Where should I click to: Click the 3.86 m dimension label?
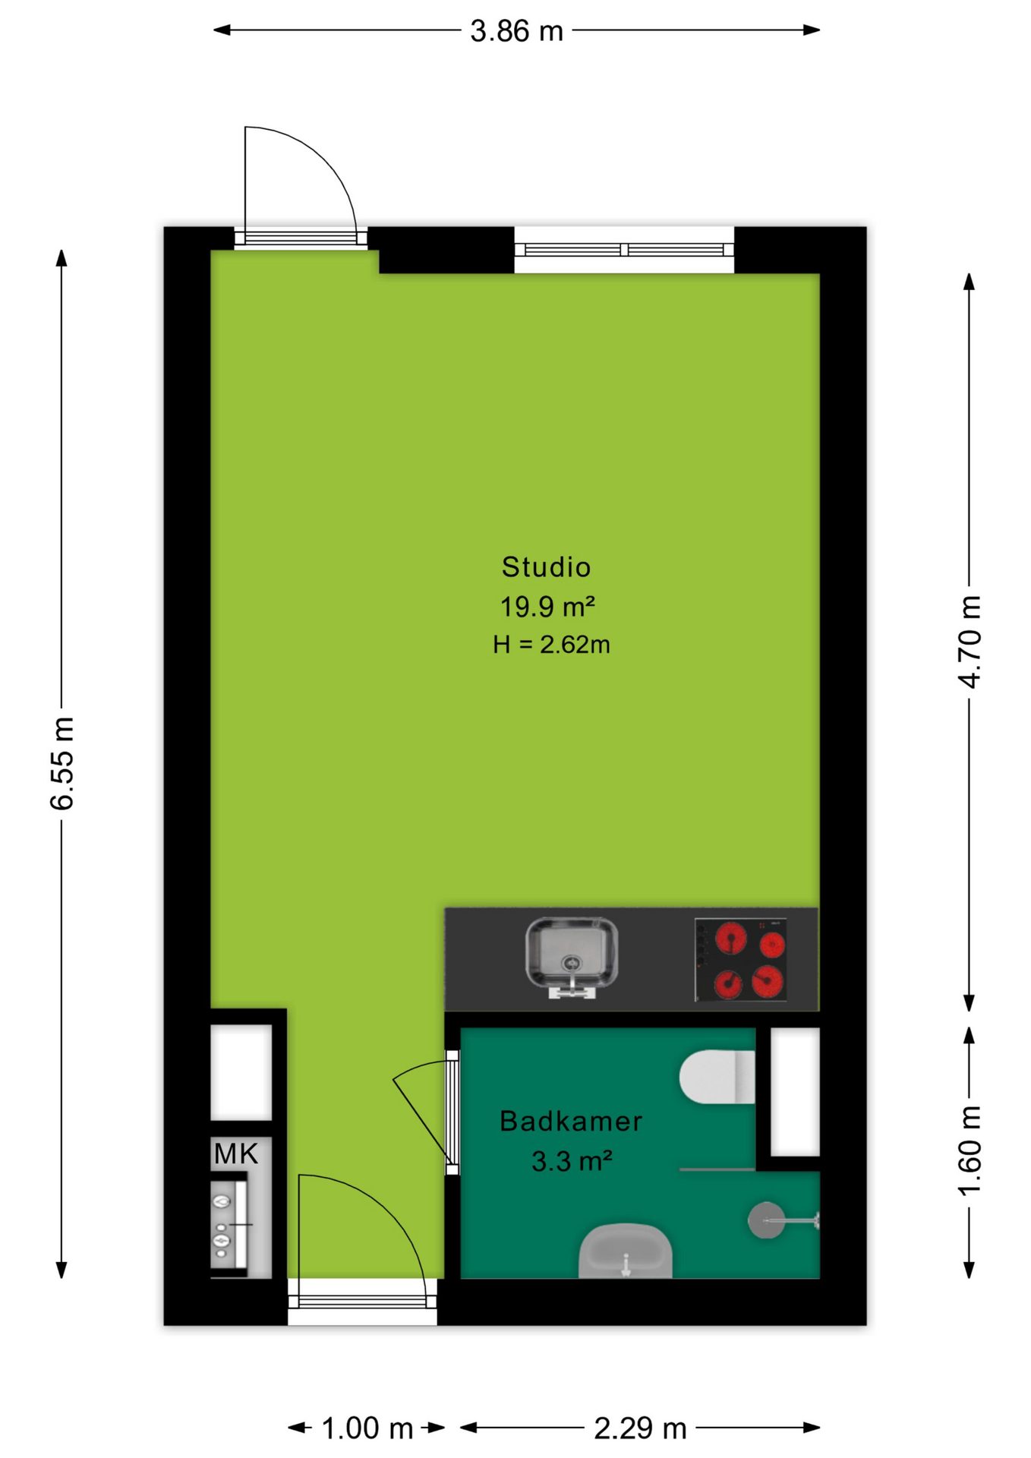pyautogui.click(x=516, y=31)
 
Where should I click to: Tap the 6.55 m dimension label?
pyautogui.click(x=62, y=762)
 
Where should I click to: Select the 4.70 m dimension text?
pyautogui.click(x=970, y=642)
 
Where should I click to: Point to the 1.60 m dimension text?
pyautogui.click(x=970, y=1150)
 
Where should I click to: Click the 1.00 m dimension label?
pyautogui.click(x=367, y=1428)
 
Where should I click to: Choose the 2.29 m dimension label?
pyautogui.click(x=640, y=1428)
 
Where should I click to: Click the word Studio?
pyautogui.click(x=547, y=566)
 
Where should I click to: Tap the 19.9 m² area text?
pyautogui.click(x=547, y=606)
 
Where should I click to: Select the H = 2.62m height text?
pyautogui.click(x=551, y=645)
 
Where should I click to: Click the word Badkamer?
pyautogui.click(x=571, y=1121)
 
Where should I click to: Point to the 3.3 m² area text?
pyautogui.click(x=572, y=1161)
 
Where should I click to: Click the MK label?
pyautogui.click(x=236, y=1153)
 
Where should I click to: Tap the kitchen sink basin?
pyautogui.click(x=572, y=955)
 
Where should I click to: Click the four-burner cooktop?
pyautogui.click(x=741, y=960)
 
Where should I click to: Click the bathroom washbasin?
pyautogui.click(x=626, y=1251)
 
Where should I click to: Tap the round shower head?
pyautogui.click(x=767, y=1220)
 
